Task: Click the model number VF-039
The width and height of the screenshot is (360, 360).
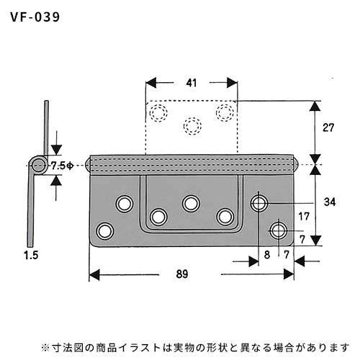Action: pyautogui.click(x=35, y=17)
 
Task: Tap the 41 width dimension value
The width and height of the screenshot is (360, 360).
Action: pyautogui.click(x=192, y=83)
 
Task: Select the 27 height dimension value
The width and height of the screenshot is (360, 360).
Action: pyautogui.click(x=328, y=127)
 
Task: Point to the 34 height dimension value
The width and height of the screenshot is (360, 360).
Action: pyautogui.click(x=330, y=202)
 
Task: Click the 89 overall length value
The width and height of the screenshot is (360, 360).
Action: pyautogui.click(x=182, y=274)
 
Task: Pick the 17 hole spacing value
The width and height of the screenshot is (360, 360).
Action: pyautogui.click(x=304, y=217)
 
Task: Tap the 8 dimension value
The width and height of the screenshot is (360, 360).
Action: pyautogui.click(x=267, y=255)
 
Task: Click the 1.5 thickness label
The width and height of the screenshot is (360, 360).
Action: pyautogui.click(x=31, y=255)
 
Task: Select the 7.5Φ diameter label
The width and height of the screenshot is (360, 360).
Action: pyautogui.click(x=62, y=166)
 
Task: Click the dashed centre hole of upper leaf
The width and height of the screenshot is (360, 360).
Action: pyautogui.click(x=192, y=126)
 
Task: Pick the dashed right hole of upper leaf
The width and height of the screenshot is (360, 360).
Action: pyautogui.click(x=225, y=112)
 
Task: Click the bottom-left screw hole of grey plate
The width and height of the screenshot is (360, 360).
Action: pyautogui.click(x=105, y=231)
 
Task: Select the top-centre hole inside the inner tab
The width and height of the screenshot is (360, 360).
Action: pyautogui.click(x=191, y=204)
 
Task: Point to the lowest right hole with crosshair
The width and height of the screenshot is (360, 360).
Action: pyautogui.click(x=279, y=230)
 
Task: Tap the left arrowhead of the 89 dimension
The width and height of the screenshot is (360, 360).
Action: pyautogui.click(x=94, y=274)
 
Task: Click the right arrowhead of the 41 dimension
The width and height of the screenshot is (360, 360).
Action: pyautogui.click(x=232, y=83)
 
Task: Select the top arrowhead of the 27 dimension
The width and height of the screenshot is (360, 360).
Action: pyautogui.click(x=315, y=107)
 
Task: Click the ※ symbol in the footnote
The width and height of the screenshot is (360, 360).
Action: pyautogui.click(x=45, y=347)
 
